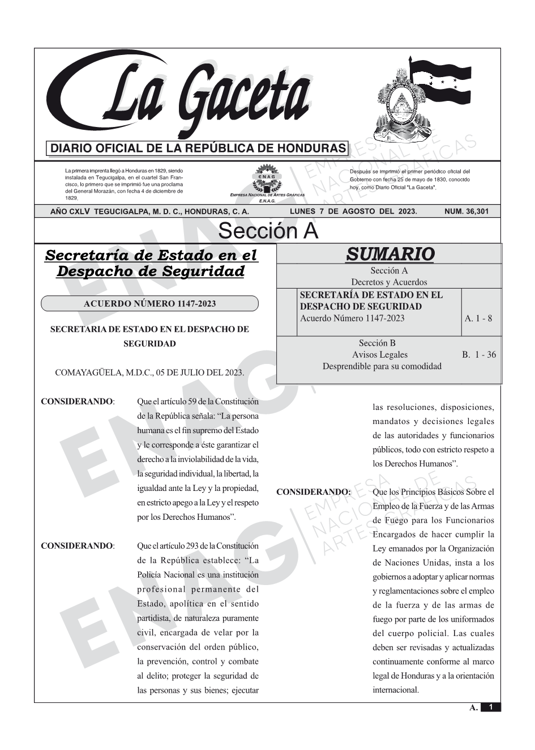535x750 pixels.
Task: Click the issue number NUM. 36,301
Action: click(x=466, y=211)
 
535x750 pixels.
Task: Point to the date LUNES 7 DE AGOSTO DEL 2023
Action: click(x=353, y=211)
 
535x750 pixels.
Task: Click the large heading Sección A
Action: click(x=268, y=231)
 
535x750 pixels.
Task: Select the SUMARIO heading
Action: click(x=390, y=253)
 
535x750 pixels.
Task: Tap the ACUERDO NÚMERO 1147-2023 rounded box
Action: click(x=149, y=304)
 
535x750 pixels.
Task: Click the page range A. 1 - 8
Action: click(x=478, y=318)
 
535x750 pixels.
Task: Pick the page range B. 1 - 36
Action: click(x=479, y=355)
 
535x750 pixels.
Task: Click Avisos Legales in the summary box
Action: click(x=379, y=355)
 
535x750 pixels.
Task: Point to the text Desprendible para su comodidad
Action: click(x=382, y=366)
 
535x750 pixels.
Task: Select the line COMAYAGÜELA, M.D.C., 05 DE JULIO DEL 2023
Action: click(x=149, y=372)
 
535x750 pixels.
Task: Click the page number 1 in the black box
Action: click(x=490, y=707)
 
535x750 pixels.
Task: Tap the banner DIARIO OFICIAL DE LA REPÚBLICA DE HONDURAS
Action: click(x=198, y=149)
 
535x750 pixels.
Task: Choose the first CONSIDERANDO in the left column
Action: click(x=78, y=402)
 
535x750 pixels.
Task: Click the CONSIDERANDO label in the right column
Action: click(x=313, y=492)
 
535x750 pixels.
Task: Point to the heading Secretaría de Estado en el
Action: click(x=151, y=256)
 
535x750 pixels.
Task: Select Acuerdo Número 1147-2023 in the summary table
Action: click(x=352, y=318)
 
